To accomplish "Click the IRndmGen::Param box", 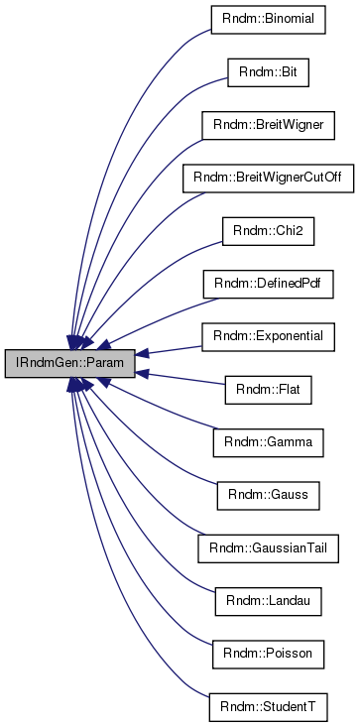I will click(x=68, y=364).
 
